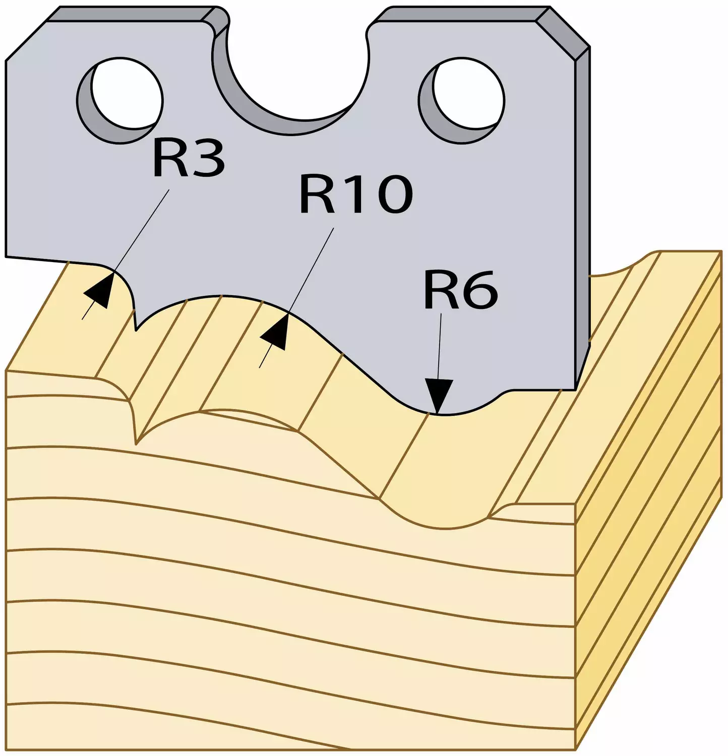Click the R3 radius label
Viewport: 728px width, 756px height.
click(189, 159)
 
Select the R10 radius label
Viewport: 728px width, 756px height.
click(356, 194)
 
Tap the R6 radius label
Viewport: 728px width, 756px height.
click(460, 289)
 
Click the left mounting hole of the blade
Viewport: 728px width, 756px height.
click(120, 100)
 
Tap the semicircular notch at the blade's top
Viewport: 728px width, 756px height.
click(292, 81)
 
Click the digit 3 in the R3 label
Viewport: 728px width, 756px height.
click(207, 159)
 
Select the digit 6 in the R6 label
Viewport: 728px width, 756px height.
click(479, 290)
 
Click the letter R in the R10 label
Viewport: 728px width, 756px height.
click(317, 194)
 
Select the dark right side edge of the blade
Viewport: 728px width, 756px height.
click(583, 217)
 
